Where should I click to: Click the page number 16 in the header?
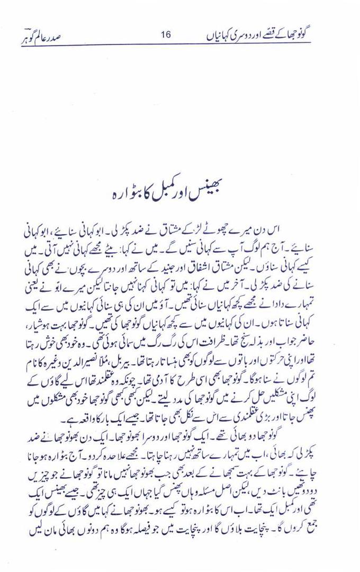point(165,35)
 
